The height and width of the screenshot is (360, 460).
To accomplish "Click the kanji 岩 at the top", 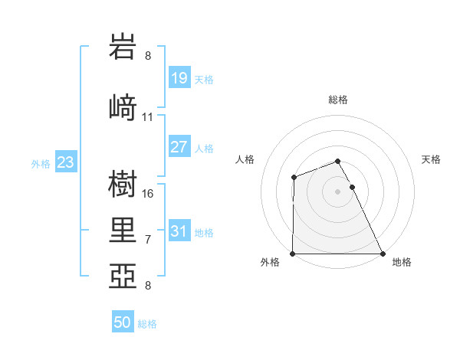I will [x=123, y=48].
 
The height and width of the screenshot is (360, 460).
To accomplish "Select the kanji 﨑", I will [x=123, y=107].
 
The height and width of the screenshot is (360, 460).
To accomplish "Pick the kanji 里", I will [x=123, y=229].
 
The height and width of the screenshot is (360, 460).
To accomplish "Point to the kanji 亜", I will [x=123, y=275].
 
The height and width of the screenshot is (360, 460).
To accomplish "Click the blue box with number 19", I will [x=179, y=77].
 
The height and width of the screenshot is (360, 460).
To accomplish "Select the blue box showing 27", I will [x=179, y=147].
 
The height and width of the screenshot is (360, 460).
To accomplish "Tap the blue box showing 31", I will [x=179, y=231].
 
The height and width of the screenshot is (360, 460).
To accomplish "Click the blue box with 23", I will [x=65, y=162].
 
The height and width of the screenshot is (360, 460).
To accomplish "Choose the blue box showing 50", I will [x=123, y=322].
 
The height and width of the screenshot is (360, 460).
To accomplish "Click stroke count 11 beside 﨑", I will [x=148, y=117].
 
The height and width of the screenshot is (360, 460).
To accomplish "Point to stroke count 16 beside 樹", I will [x=148, y=194].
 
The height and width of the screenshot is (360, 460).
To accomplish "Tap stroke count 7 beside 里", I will [x=148, y=239].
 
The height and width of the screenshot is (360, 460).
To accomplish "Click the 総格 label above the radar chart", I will [x=338, y=100].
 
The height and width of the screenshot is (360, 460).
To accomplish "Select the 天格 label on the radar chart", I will [x=431, y=159].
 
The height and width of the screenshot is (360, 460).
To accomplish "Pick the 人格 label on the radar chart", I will [x=245, y=159].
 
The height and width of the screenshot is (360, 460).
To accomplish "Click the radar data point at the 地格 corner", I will [x=383, y=254].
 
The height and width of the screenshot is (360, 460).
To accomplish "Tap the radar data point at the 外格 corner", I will [x=293, y=254].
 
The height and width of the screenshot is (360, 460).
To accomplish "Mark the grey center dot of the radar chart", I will [x=338, y=191].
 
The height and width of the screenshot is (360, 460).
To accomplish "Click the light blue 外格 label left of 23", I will [x=41, y=163].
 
